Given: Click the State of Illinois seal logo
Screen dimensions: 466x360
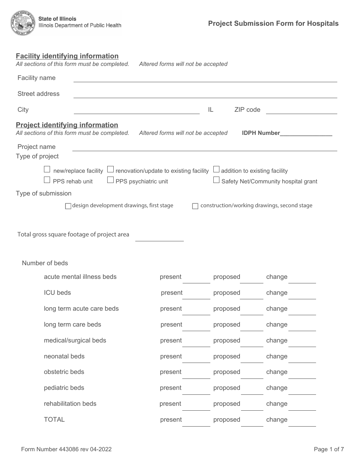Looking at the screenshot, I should (23, 23).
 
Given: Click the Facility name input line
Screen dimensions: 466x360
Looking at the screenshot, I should (205, 78).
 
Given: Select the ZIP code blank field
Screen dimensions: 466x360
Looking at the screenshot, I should (301, 110).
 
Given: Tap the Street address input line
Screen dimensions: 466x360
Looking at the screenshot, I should (205, 94).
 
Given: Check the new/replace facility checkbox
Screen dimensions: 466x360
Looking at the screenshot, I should (47, 169).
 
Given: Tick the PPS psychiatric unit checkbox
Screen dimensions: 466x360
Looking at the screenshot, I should (110, 180).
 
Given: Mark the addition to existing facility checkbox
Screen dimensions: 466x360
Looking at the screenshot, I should (216, 169).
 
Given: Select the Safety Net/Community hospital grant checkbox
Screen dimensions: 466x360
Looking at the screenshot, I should (216, 180).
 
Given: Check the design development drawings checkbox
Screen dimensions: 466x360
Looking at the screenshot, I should (68, 206).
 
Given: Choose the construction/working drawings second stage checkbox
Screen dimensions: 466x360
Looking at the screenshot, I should (195, 206).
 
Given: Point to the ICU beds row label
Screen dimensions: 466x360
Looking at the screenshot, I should (57, 292).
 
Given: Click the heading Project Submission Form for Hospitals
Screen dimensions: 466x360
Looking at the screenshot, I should (273, 23).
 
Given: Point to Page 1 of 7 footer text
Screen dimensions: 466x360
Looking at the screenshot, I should (329, 449).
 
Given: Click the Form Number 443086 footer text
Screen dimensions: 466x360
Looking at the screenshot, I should (66, 449).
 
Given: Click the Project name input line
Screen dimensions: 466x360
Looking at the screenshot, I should (205, 147).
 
